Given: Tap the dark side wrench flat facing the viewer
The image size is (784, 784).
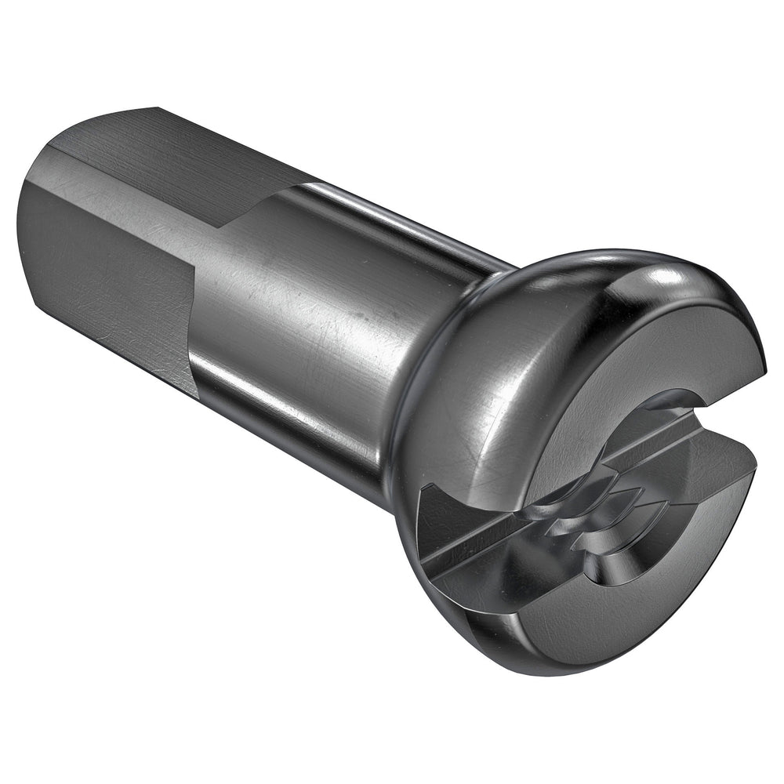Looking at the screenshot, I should tap(102, 267).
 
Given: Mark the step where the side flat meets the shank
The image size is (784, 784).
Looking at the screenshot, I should tap(192, 314).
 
